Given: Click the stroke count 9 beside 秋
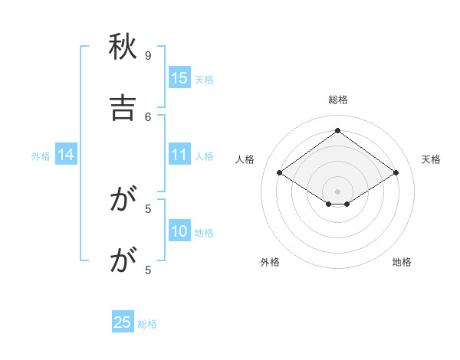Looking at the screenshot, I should (148, 55).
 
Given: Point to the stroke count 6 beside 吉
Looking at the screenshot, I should (148, 116).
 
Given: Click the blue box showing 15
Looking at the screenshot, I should (179, 78).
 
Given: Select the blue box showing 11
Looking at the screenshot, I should (179, 155).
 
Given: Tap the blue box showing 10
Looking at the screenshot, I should (179, 231).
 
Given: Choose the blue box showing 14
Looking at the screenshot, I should (66, 155).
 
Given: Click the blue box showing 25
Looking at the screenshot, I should (123, 322).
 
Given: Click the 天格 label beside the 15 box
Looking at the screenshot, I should (204, 80).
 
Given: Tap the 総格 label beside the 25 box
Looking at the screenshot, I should (147, 324).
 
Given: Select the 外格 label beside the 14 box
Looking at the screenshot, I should (41, 156).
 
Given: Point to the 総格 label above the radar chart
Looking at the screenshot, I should (338, 100).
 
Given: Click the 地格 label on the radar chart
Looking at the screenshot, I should (402, 262).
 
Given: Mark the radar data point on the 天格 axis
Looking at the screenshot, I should (396, 173).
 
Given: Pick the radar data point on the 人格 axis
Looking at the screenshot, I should (280, 173).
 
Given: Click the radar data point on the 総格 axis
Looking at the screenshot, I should (338, 130).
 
